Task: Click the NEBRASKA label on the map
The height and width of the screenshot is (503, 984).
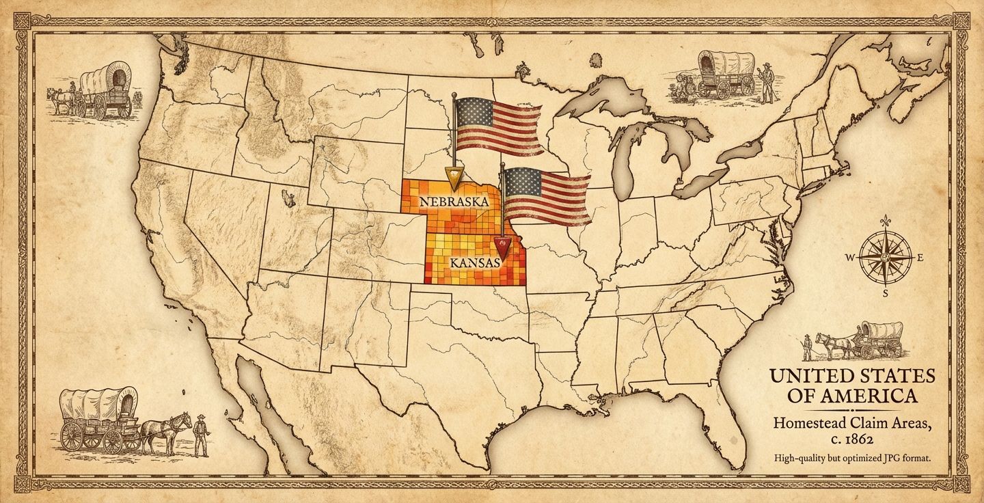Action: click(454, 202)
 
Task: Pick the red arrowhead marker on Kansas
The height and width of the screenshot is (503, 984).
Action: click(502, 244)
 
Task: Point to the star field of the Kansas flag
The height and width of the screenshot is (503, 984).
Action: click(521, 181)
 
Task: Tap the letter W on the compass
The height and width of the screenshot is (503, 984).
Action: click(850, 258)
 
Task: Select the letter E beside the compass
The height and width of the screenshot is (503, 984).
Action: click(920, 258)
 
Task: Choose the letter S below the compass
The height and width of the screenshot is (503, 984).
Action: click(886, 294)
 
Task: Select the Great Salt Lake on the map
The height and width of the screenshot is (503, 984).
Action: click(289, 199)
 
